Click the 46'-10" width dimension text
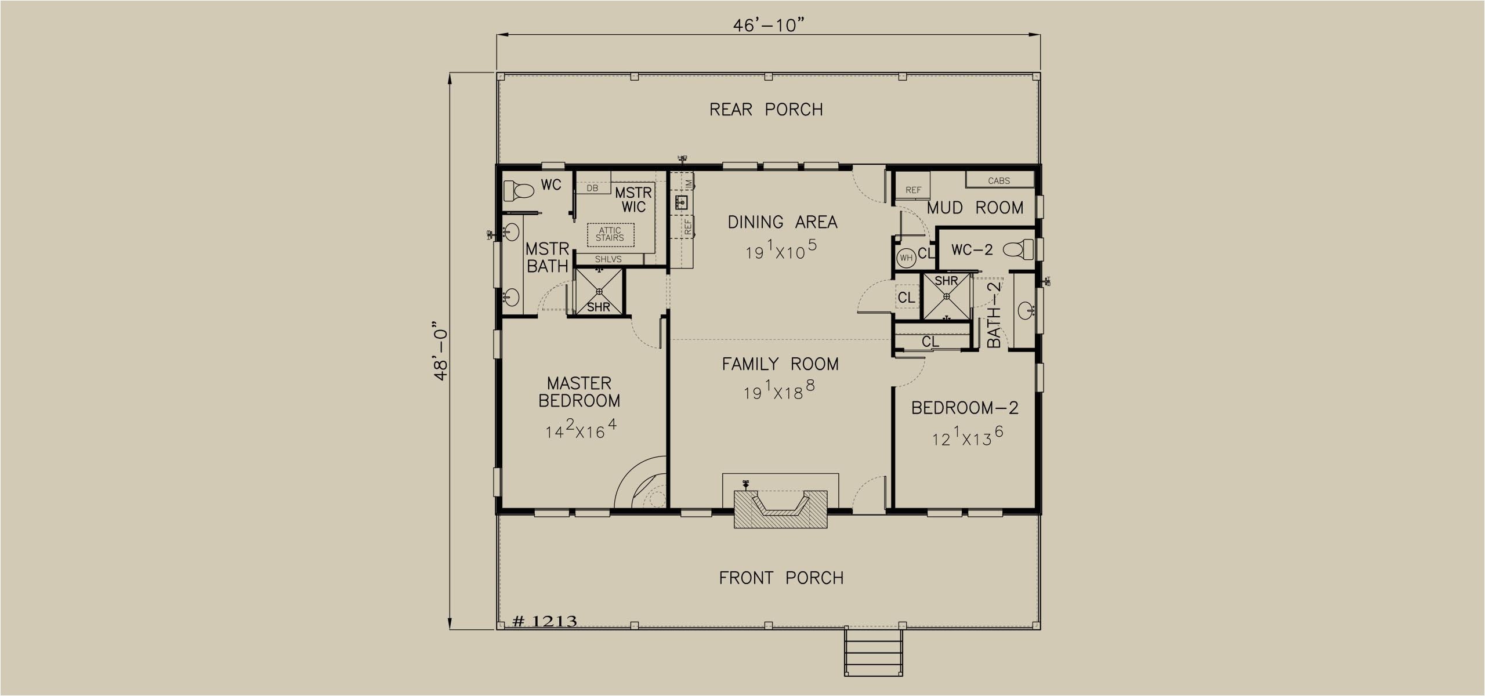[769, 26]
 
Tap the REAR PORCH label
[766, 109]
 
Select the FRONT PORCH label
[781, 578]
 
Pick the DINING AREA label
[783, 222]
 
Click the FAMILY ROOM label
[780, 364]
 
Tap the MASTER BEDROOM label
[579, 391]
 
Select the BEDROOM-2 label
[965, 408]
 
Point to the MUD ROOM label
[975, 208]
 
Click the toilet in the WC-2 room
[1019, 250]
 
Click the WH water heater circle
[906, 258]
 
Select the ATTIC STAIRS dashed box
[610, 234]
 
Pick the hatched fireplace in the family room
[781, 508]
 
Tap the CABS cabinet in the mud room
[999, 179]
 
